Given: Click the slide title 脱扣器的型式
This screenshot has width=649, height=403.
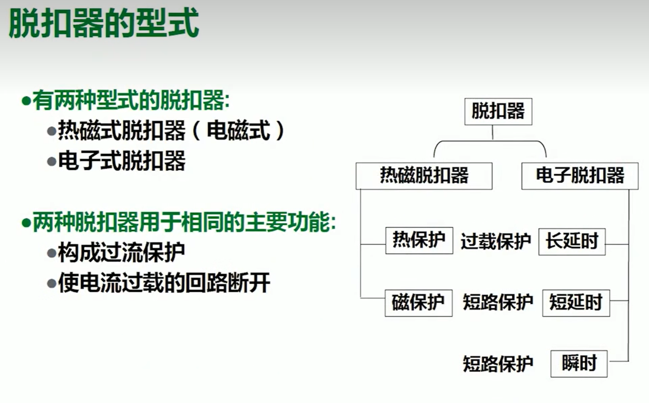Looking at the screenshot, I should [x=104, y=24].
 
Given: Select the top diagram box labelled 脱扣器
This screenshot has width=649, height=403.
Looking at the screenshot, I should [x=498, y=112].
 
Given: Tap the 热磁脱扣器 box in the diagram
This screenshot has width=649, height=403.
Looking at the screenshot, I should [x=424, y=176].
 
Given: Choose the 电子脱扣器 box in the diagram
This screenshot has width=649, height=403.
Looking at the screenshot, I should [x=580, y=176].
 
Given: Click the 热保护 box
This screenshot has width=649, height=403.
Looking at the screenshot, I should [x=419, y=240].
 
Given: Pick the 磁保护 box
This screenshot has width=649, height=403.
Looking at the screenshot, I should [x=418, y=303].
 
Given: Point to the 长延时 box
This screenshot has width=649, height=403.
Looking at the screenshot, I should [x=572, y=242].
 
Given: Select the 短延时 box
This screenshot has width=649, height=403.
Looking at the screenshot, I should [x=576, y=303].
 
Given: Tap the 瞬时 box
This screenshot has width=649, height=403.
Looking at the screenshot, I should [x=579, y=364].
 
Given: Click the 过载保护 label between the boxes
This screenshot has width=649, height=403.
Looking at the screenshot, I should [x=496, y=242].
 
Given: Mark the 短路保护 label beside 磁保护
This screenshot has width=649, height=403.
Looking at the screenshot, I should [x=498, y=302].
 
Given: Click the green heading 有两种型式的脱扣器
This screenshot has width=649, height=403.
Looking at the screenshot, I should [x=131, y=100].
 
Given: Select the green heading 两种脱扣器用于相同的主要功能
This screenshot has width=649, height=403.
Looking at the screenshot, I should [x=184, y=222].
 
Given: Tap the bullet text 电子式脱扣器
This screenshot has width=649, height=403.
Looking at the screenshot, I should [x=122, y=161].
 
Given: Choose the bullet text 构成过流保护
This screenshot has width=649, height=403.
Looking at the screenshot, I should [x=121, y=252].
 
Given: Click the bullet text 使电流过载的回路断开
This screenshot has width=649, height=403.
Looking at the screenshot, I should [x=164, y=283].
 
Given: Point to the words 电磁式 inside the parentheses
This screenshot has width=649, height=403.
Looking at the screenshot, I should [x=239, y=131].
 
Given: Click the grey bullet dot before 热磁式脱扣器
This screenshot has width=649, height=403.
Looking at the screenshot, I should [x=52, y=131].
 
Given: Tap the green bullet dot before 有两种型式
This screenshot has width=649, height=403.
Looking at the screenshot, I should [x=26, y=101].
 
